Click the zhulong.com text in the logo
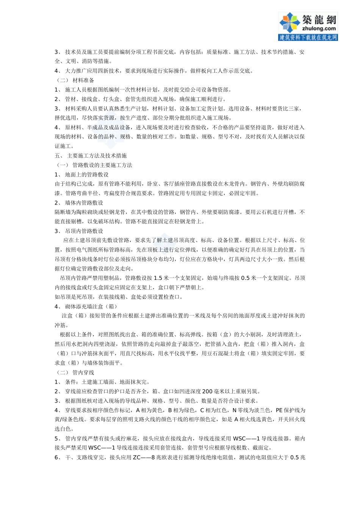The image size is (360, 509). click(x=319, y=28)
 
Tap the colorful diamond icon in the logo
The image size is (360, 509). click(x=290, y=23)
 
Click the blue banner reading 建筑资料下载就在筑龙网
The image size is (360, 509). click(x=308, y=37)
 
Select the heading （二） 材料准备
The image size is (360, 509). click(x=75, y=80)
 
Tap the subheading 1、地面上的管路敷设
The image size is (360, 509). click(x=81, y=175)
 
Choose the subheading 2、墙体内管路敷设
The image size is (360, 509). click(x=79, y=203)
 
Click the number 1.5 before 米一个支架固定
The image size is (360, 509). click(x=158, y=278)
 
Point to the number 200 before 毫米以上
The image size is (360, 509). click(x=207, y=392)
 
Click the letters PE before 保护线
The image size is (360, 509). click(x=279, y=410)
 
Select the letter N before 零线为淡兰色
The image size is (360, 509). click(x=234, y=410)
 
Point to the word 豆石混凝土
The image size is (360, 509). click(x=215, y=353)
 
